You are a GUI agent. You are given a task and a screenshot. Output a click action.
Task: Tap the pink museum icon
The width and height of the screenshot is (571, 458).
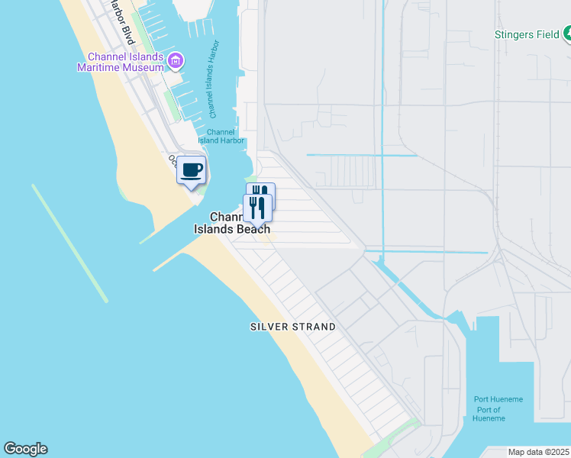click(x=176, y=59)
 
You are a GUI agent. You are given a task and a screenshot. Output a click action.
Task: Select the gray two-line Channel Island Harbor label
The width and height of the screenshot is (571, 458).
click(x=221, y=136)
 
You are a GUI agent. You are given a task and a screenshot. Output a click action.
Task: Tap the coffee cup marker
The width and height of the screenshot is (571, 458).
click(x=192, y=170)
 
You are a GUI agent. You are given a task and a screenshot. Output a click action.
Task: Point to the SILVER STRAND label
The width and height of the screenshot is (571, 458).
click(x=293, y=327)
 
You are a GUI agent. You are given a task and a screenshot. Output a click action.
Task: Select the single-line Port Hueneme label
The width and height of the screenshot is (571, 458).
click(x=498, y=399)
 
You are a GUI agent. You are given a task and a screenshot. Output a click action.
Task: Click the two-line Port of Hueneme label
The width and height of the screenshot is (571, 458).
click(x=488, y=414)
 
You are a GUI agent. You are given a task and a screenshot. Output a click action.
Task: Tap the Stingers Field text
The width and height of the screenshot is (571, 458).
click(x=527, y=34)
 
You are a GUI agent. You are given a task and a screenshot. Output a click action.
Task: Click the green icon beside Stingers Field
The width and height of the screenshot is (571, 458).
click(x=567, y=34)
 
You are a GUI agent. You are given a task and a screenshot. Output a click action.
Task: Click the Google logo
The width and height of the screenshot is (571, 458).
click(x=25, y=449)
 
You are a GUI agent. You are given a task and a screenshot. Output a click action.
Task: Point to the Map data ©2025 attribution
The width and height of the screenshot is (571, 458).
click(x=539, y=452)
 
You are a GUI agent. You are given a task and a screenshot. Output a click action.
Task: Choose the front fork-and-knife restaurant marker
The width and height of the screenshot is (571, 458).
click(x=257, y=207)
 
